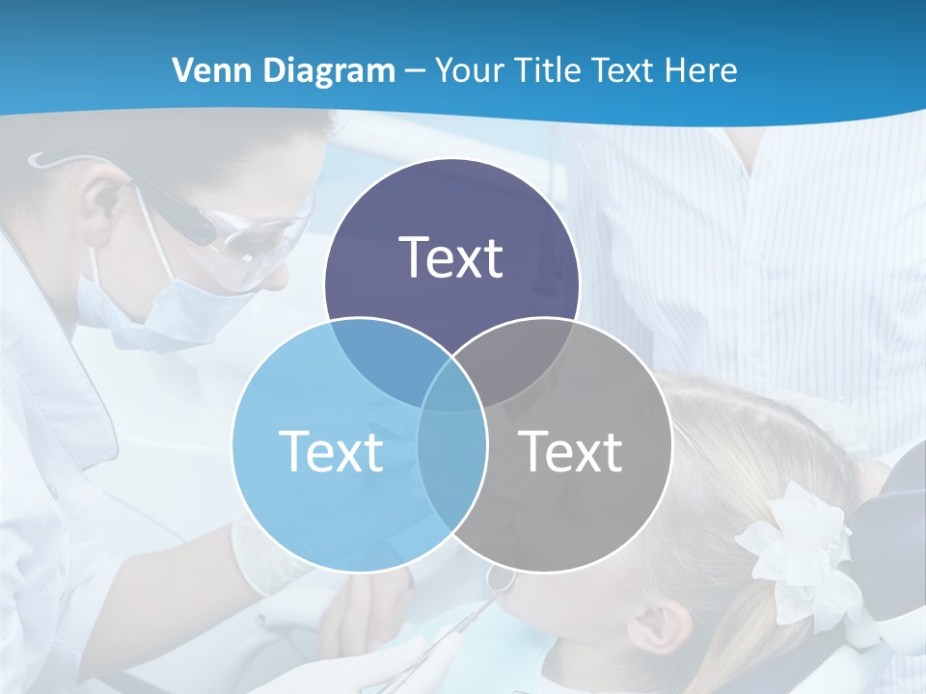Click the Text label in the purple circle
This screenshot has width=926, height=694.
[451, 257]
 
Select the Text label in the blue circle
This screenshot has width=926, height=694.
[331, 450]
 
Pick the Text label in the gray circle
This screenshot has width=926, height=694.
[571, 450]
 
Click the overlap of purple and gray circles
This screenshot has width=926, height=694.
[521, 357]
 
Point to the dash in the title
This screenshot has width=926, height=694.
[415, 70]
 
